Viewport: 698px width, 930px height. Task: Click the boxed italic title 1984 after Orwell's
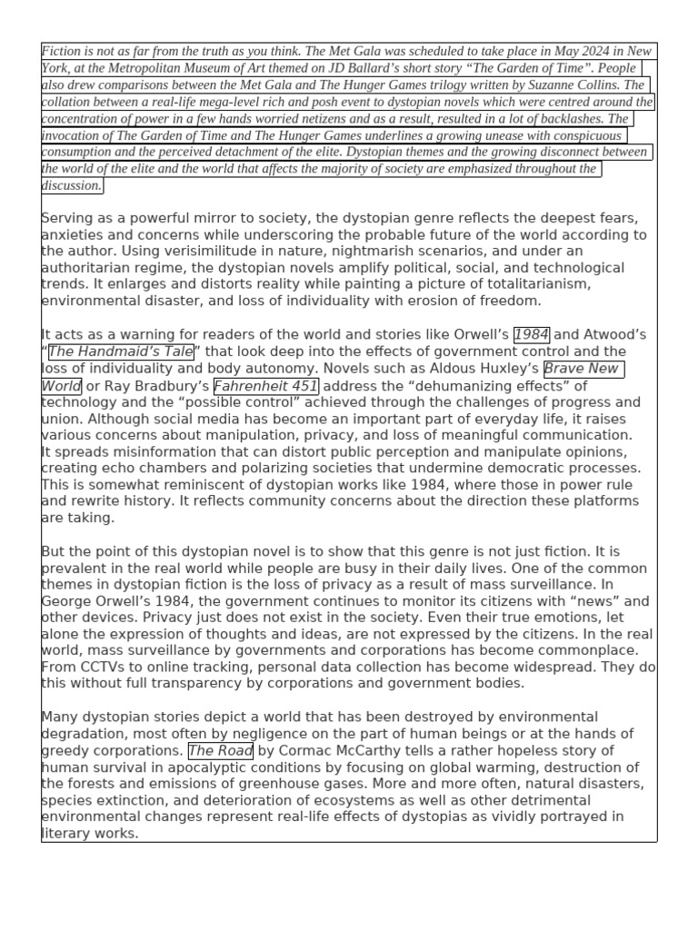click(x=532, y=334)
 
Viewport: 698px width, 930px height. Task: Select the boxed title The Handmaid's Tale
click(x=121, y=351)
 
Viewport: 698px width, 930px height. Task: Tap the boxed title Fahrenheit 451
click(x=265, y=385)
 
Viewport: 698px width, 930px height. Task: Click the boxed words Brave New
click(x=583, y=368)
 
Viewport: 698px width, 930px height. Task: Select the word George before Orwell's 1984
click(x=68, y=600)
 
